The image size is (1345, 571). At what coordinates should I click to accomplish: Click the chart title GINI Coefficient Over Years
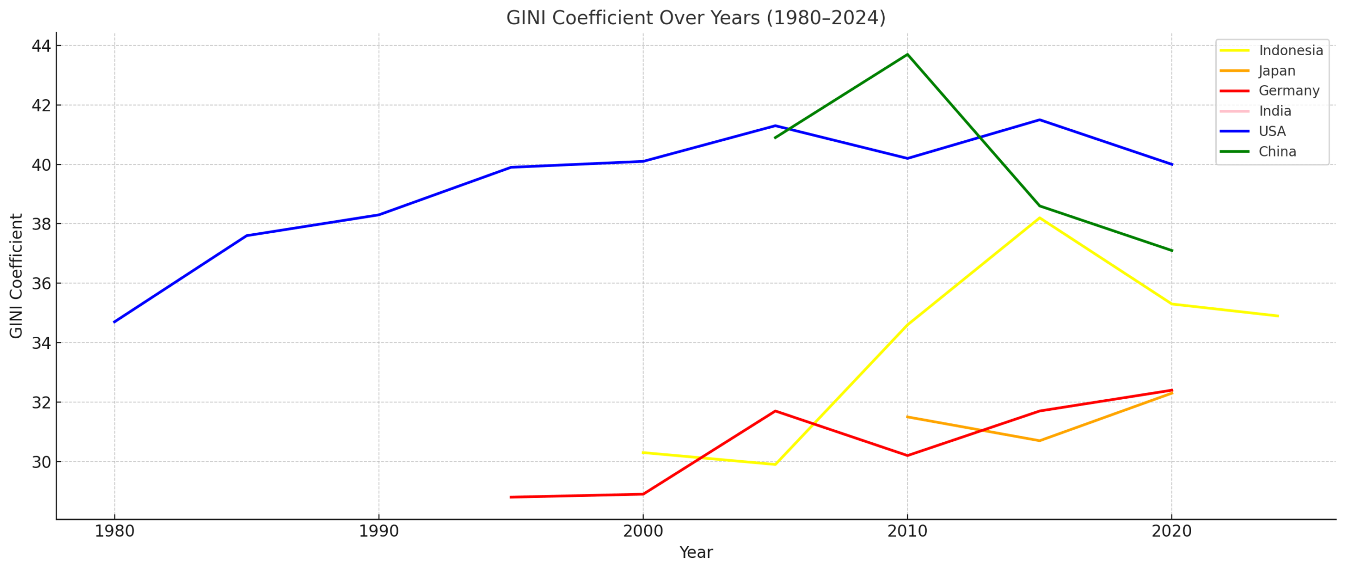point(696,18)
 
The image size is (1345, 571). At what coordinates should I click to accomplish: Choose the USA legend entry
point(1272,131)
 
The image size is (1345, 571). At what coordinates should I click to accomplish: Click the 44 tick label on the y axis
point(41,46)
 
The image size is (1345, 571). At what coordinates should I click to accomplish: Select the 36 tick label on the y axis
point(41,284)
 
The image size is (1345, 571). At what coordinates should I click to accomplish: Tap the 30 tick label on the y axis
point(41,462)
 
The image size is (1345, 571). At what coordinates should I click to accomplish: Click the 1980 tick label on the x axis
point(115,532)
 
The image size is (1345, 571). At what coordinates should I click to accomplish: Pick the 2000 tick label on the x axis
point(643,532)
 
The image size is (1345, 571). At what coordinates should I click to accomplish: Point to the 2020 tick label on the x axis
point(1171,532)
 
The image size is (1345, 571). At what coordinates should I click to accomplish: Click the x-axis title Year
point(696,553)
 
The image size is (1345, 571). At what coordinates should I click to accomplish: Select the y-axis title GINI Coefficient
point(16,276)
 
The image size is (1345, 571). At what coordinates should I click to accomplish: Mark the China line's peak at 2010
point(907,54)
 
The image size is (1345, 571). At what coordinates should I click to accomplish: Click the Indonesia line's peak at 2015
point(1039,217)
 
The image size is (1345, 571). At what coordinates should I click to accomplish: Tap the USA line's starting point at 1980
point(115,322)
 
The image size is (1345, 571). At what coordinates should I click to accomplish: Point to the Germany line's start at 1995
point(511,497)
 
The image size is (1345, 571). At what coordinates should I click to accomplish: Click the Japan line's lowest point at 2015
point(1039,441)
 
